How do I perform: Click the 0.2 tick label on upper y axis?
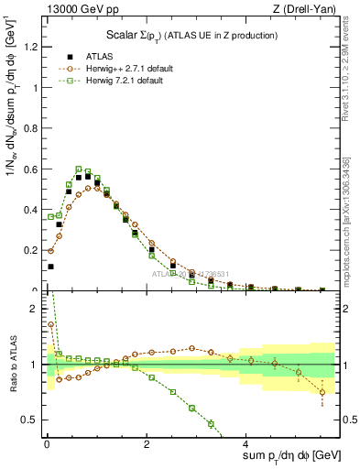(x=29, y=250)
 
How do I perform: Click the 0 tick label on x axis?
(x=46, y=442)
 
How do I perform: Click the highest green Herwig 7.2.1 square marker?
(x=79, y=169)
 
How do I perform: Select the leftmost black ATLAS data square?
(x=50, y=267)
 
